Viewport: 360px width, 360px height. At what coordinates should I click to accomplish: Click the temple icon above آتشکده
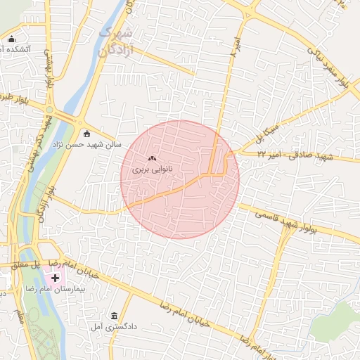(x=11, y=39)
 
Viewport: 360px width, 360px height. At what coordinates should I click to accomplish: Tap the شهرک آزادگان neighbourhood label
(x=116, y=42)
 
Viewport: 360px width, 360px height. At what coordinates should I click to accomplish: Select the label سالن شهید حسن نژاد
(x=86, y=144)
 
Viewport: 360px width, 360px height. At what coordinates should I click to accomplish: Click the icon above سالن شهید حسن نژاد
(x=86, y=134)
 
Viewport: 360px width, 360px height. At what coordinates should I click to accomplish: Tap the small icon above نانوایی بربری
(x=152, y=159)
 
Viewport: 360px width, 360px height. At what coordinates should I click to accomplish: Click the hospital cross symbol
(x=55, y=278)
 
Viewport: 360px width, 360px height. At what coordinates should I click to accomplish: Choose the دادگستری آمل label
(x=108, y=326)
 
